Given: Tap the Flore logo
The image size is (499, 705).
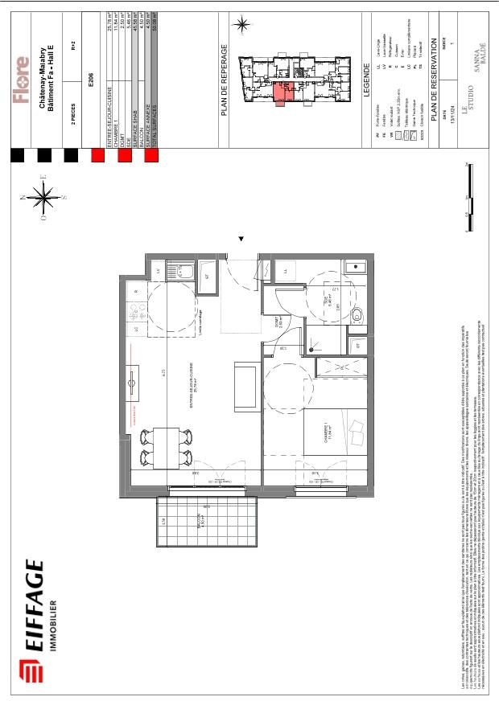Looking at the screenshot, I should pos(22,80).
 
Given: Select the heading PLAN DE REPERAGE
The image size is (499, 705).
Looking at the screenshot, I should pos(226,80).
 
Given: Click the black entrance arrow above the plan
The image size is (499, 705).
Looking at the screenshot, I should pos(241,239).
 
